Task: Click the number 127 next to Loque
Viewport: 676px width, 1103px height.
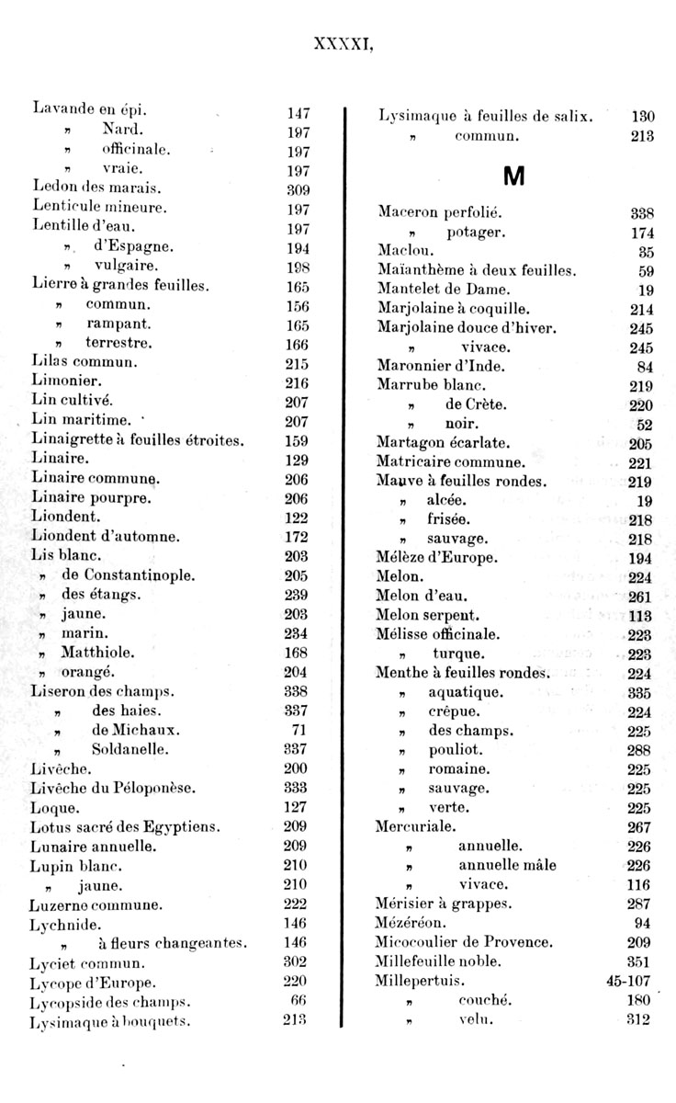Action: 296,807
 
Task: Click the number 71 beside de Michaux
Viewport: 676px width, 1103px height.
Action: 299,730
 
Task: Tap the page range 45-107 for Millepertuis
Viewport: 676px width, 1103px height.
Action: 628,981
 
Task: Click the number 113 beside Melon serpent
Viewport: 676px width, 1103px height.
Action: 641,615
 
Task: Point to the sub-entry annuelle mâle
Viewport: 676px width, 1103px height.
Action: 507,865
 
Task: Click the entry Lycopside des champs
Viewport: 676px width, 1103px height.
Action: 109,1001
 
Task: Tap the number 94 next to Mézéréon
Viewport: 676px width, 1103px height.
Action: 645,922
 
